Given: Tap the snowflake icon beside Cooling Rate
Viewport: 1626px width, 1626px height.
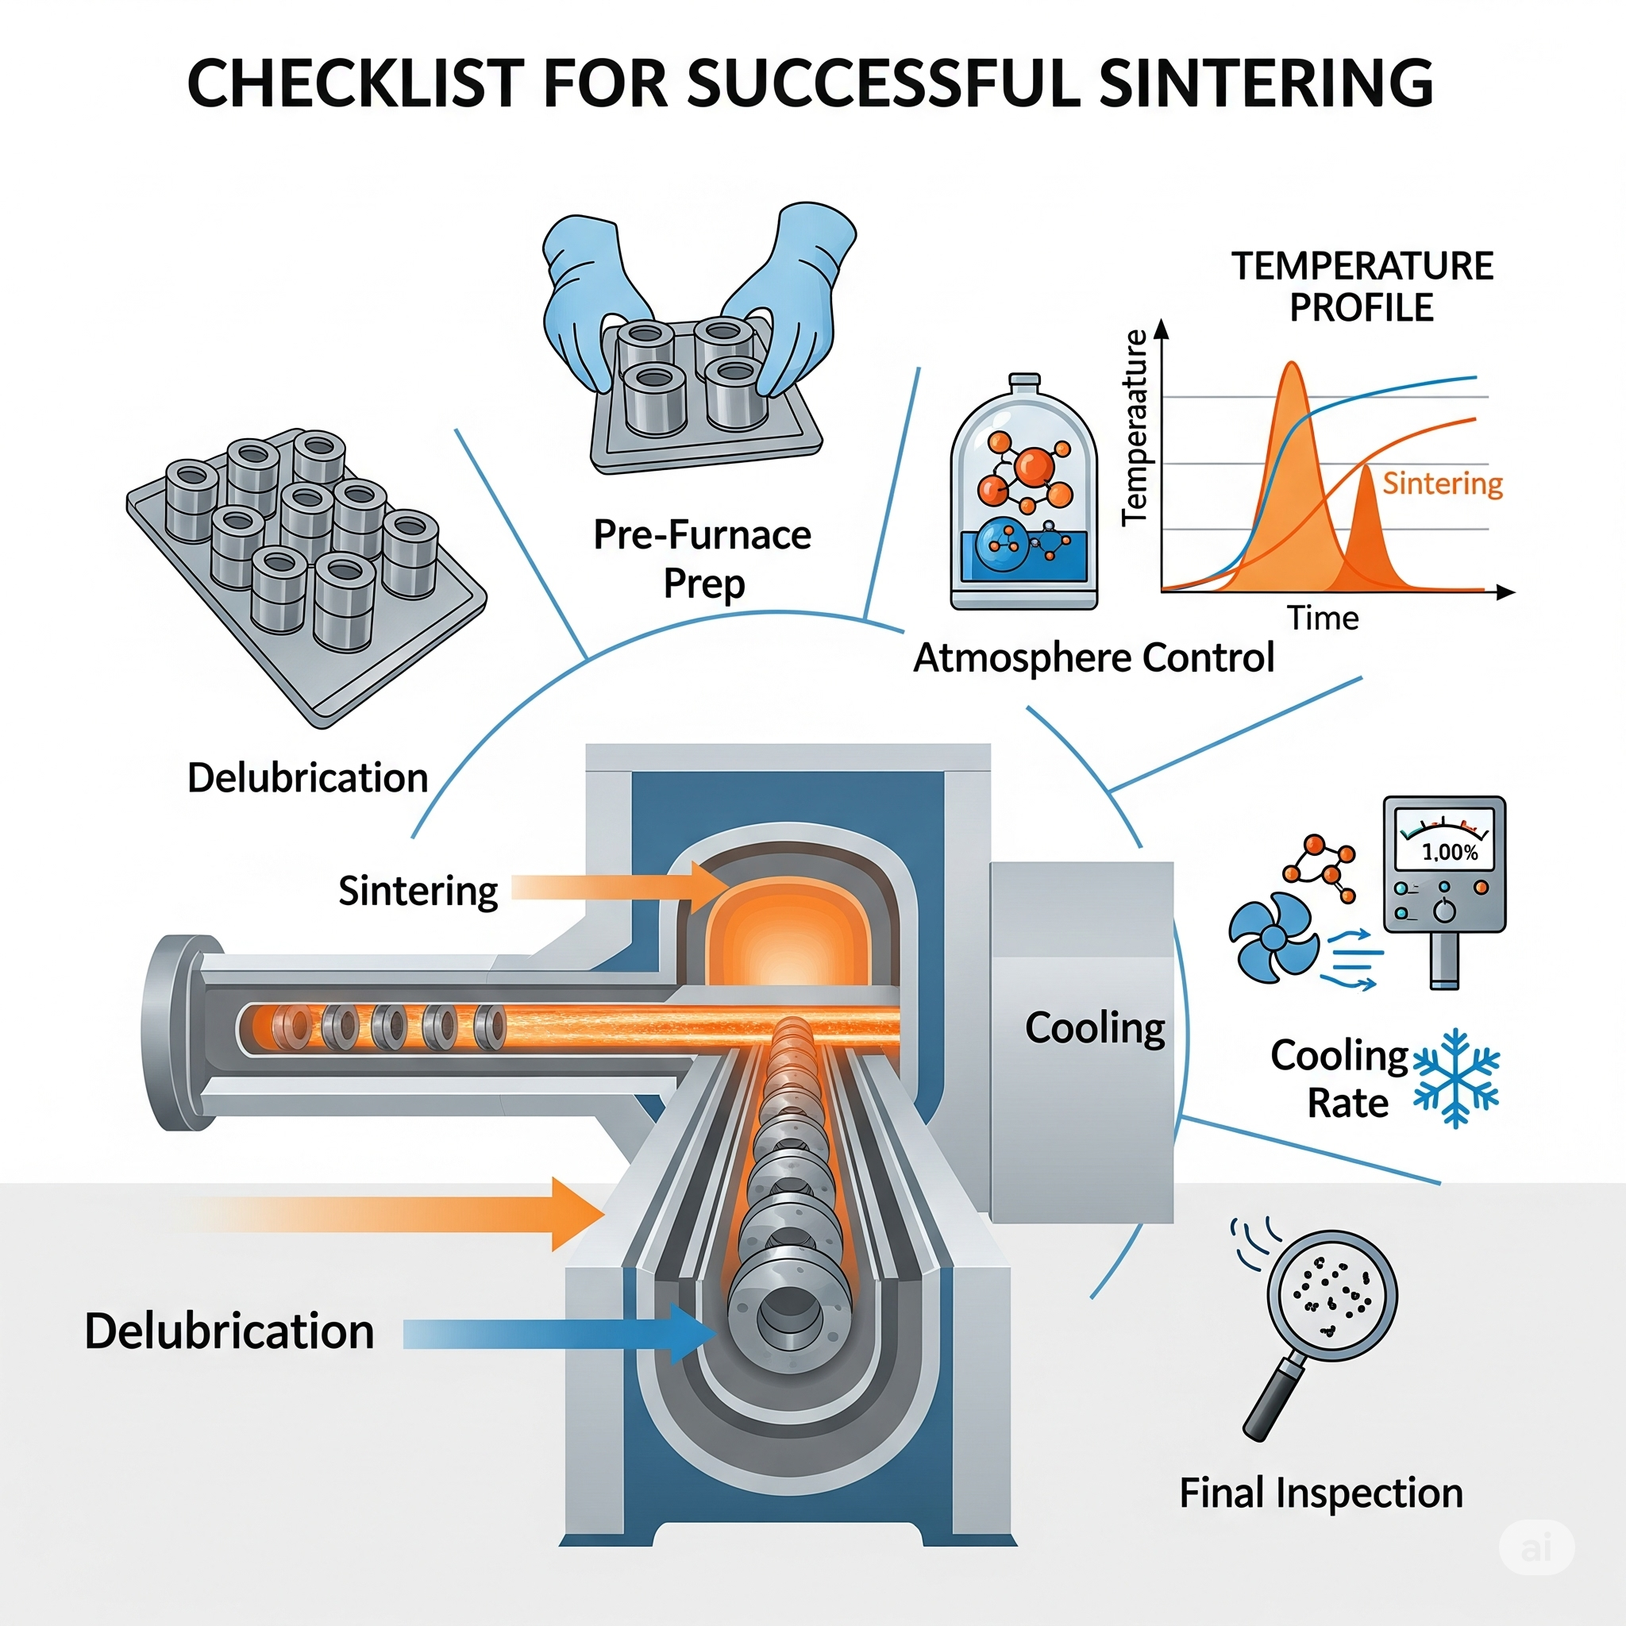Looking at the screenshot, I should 1455,1077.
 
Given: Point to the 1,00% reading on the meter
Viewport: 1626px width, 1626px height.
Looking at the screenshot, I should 1449,852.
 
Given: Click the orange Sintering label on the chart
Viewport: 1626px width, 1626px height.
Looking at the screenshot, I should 1443,483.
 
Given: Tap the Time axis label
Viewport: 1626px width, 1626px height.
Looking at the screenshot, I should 1323,618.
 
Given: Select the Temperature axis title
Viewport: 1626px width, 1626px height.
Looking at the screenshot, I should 1135,428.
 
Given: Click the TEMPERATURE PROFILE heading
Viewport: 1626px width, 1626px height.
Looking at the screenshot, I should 1362,286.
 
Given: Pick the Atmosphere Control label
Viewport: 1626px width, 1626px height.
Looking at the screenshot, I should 1093,657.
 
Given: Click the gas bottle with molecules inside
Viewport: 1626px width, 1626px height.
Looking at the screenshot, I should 1024,496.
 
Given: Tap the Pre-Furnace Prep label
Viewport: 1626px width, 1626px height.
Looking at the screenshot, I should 703,559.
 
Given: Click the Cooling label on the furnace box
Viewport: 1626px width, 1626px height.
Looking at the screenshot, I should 1095,1028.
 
